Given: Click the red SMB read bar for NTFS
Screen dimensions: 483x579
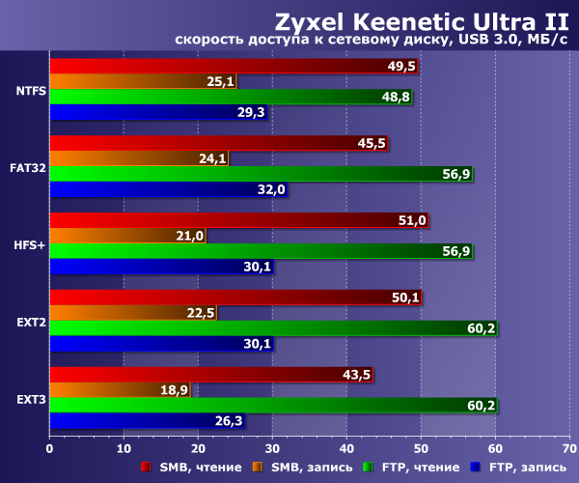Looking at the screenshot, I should pyautogui.click(x=212, y=66).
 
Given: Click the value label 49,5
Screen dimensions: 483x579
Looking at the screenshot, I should pyautogui.click(x=401, y=66).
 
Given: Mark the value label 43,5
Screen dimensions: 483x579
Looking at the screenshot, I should pyautogui.click(x=357, y=374).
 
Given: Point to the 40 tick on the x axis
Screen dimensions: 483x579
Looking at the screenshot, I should pyautogui.click(x=346, y=448).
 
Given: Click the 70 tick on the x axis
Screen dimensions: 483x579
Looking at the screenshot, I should pyautogui.click(x=569, y=448).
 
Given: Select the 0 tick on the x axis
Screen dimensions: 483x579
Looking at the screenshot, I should pyautogui.click(x=49, y=448).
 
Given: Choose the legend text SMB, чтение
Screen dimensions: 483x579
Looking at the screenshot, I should pyautogui.click(x=189, y=468).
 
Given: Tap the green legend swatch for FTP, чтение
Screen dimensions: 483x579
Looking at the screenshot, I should pyautogui.click(x=367, y=468).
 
